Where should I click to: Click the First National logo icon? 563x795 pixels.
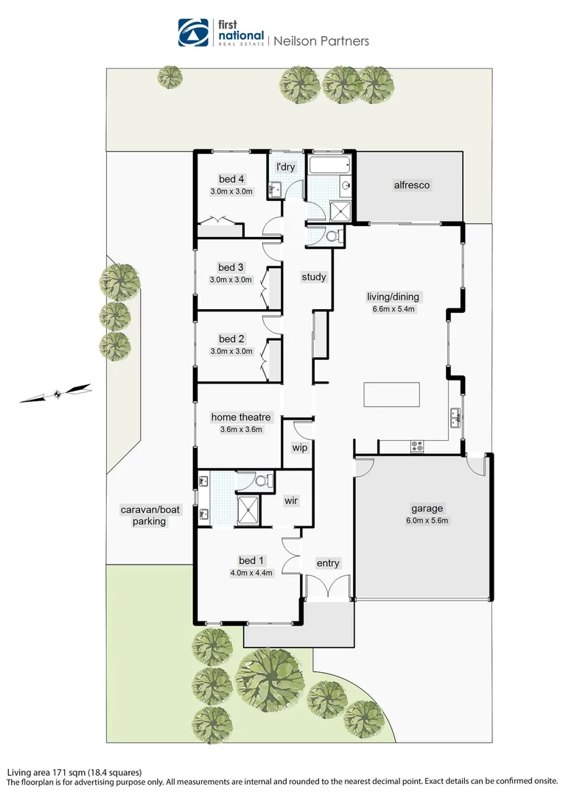[193, 32]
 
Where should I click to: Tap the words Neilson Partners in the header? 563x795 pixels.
[321, 41]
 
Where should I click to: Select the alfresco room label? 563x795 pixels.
[412, 185]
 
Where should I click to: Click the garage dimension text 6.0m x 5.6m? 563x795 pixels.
[427, 520]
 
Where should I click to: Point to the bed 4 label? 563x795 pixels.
[231, 179]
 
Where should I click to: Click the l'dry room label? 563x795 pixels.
[285, 167]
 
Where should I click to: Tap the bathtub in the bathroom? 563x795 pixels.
[330, 165]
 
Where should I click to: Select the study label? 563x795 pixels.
[314, 277]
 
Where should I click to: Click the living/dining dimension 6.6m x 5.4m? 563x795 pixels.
[394, 308]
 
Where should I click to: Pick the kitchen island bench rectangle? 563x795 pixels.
[391, 395]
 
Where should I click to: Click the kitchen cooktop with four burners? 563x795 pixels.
[417, 446]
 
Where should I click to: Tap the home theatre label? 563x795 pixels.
[241, 417]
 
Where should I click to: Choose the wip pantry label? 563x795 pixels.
[299, 448]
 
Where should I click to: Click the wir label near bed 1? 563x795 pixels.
[291, 501]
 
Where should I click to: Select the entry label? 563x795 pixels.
[328, 563]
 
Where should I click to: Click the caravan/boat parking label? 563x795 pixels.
[150, 515]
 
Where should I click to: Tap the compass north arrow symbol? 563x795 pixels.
[55, 393]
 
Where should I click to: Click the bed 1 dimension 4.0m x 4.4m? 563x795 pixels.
[251, 573]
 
